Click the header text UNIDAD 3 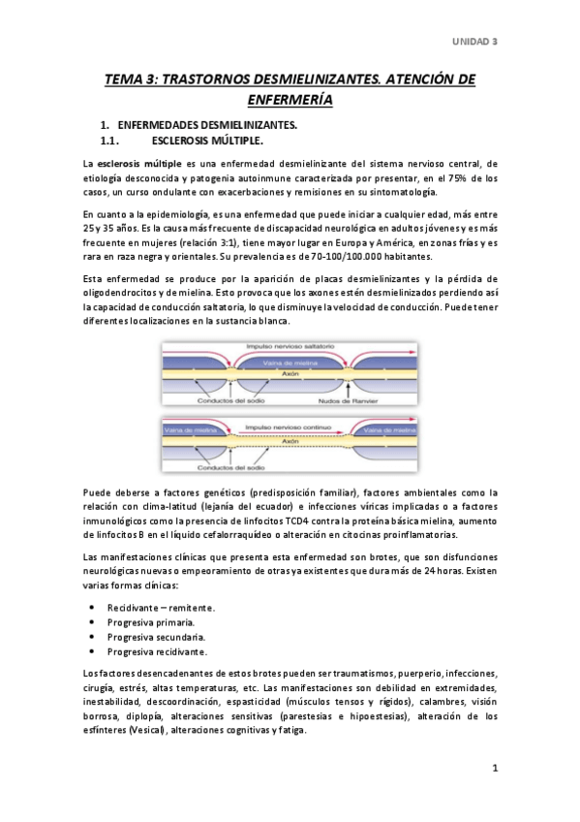[x=476, y=41]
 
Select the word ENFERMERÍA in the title [x=290, y=99]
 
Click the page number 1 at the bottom [x=494, y=770]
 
